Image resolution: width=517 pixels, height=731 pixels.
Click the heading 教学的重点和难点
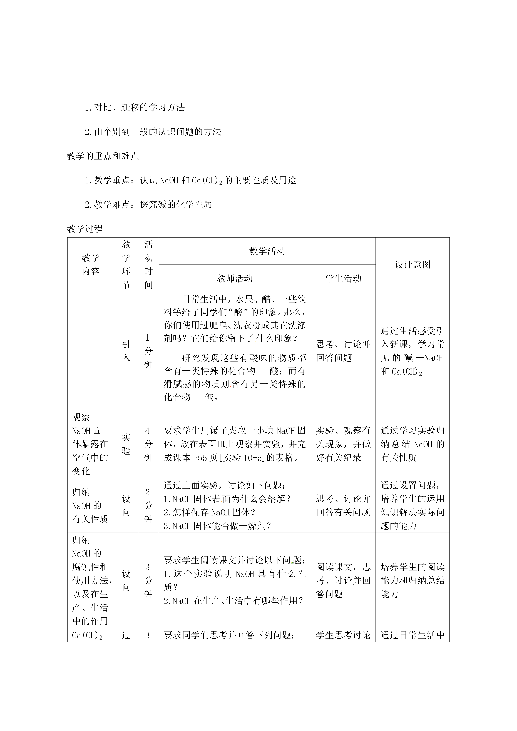pos(103,156)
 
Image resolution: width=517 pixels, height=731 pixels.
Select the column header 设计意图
pos(412,265)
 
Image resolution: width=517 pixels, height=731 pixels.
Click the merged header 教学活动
pos(267,251)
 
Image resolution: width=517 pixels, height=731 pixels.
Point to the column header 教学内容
pos(90,265)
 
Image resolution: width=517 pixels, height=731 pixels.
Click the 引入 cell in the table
pos(126,351)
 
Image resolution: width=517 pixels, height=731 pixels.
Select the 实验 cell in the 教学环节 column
pos(126,444)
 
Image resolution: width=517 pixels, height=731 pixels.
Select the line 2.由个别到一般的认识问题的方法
pos(153,132)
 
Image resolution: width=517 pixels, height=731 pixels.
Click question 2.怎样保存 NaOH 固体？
pos(210,512)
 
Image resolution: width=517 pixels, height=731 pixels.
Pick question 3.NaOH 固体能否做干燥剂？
pos(217,526)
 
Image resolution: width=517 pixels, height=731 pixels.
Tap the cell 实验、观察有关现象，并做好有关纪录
pos(343,444)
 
